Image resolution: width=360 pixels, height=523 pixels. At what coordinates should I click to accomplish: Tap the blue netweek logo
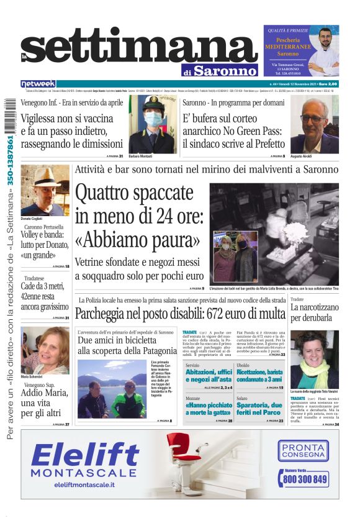pyautogui.click(x=38, y=84)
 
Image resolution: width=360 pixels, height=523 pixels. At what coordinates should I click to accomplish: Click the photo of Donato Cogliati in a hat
pyautogui.click(x=45, y=189)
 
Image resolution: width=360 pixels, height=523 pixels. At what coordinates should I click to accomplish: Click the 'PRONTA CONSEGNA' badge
pyautogui.click(x=304, y=450)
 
